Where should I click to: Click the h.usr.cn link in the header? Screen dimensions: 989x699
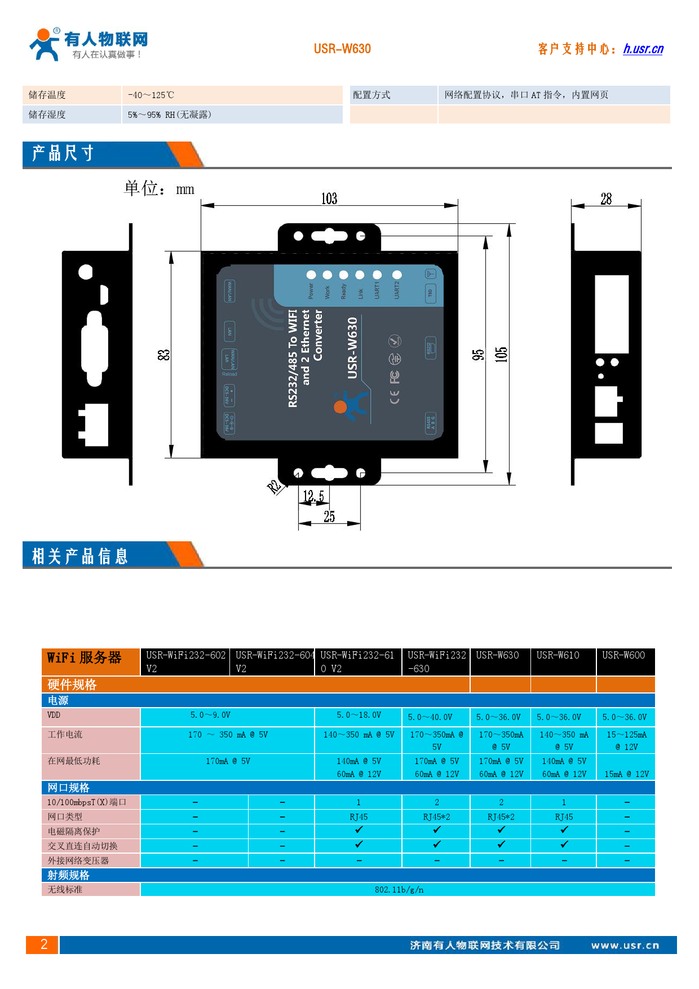pos(643,49)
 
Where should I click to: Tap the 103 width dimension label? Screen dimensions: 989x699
pos(329,198)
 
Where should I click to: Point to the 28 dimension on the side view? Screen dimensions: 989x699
pos(606,198)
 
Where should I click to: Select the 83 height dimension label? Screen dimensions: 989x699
pos(163,355)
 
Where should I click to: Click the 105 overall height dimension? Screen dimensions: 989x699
pos(501,355)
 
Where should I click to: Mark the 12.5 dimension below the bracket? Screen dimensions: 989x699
pos(313,496)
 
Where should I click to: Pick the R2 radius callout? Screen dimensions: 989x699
pos(274,487)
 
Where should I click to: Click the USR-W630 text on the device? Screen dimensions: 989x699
pos(352,347)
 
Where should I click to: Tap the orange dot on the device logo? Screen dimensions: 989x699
pos(340,407)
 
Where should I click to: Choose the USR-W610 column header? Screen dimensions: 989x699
pos(558,655)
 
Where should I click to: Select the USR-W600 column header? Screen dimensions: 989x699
pos(623,655)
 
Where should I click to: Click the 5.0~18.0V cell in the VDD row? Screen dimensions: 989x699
pos(359,715)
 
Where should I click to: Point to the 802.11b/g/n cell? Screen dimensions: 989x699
pos(399,890)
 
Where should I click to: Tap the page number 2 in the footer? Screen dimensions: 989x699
pos(43,944)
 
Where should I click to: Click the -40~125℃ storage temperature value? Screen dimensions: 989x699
pos(151,95)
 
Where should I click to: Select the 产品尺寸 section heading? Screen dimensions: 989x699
pos(63,153)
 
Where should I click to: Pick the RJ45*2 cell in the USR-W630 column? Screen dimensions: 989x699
pos(501,817)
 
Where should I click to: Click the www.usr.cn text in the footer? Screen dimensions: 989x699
pos(625,946)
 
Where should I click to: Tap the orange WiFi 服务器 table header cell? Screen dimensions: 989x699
pos(85,658)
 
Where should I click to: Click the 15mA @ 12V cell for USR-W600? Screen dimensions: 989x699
pos(626,774)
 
